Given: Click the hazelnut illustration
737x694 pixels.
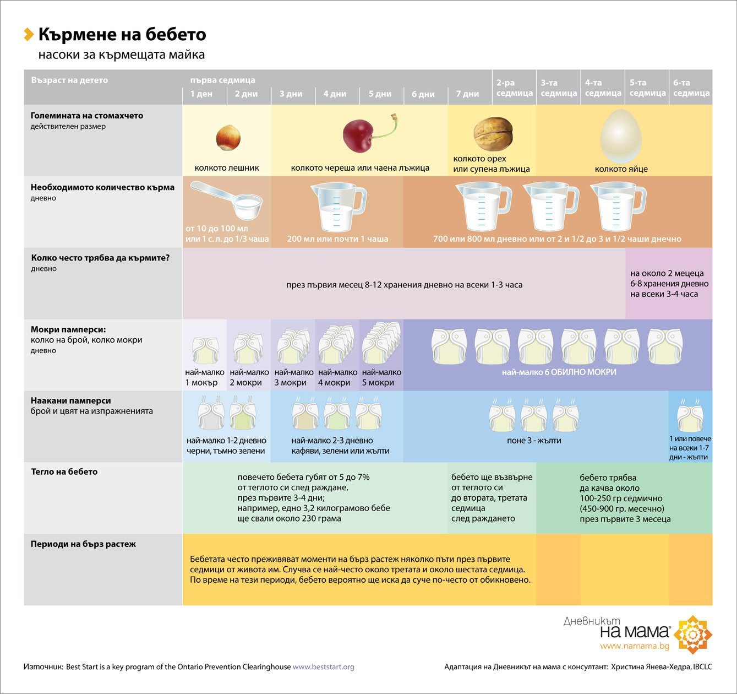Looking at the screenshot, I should pos(227,137).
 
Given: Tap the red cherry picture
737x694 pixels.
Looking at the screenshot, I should pos(358,136).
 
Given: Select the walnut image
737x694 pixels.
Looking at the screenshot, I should pos(493,134).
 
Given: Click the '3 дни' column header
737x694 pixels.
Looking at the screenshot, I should pos(291,94).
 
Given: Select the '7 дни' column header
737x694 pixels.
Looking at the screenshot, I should pos(467,94).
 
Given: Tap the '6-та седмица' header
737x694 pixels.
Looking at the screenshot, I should pos(691,88).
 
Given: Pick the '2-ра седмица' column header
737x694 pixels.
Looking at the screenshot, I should pos(514,88).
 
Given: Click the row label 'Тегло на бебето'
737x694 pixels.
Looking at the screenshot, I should pos(64,471).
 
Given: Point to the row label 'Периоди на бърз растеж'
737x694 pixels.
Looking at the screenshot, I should pos(83,544).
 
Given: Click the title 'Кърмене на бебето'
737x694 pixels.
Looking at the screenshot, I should pos(122,35).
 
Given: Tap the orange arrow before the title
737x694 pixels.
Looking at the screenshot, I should pos(29,34).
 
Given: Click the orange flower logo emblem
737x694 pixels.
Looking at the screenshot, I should pos(692,635).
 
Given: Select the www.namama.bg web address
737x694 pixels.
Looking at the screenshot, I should pos(635,646).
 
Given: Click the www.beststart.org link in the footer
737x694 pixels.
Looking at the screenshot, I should pos(323,666).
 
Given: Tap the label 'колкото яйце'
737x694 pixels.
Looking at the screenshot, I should pos(621,169).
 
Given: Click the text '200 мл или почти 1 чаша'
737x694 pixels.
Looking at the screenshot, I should pos(337,239).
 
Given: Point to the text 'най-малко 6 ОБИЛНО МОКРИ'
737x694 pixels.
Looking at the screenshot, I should pos(559,372).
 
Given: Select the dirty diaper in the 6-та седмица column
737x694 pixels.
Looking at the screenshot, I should pos(690,417).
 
